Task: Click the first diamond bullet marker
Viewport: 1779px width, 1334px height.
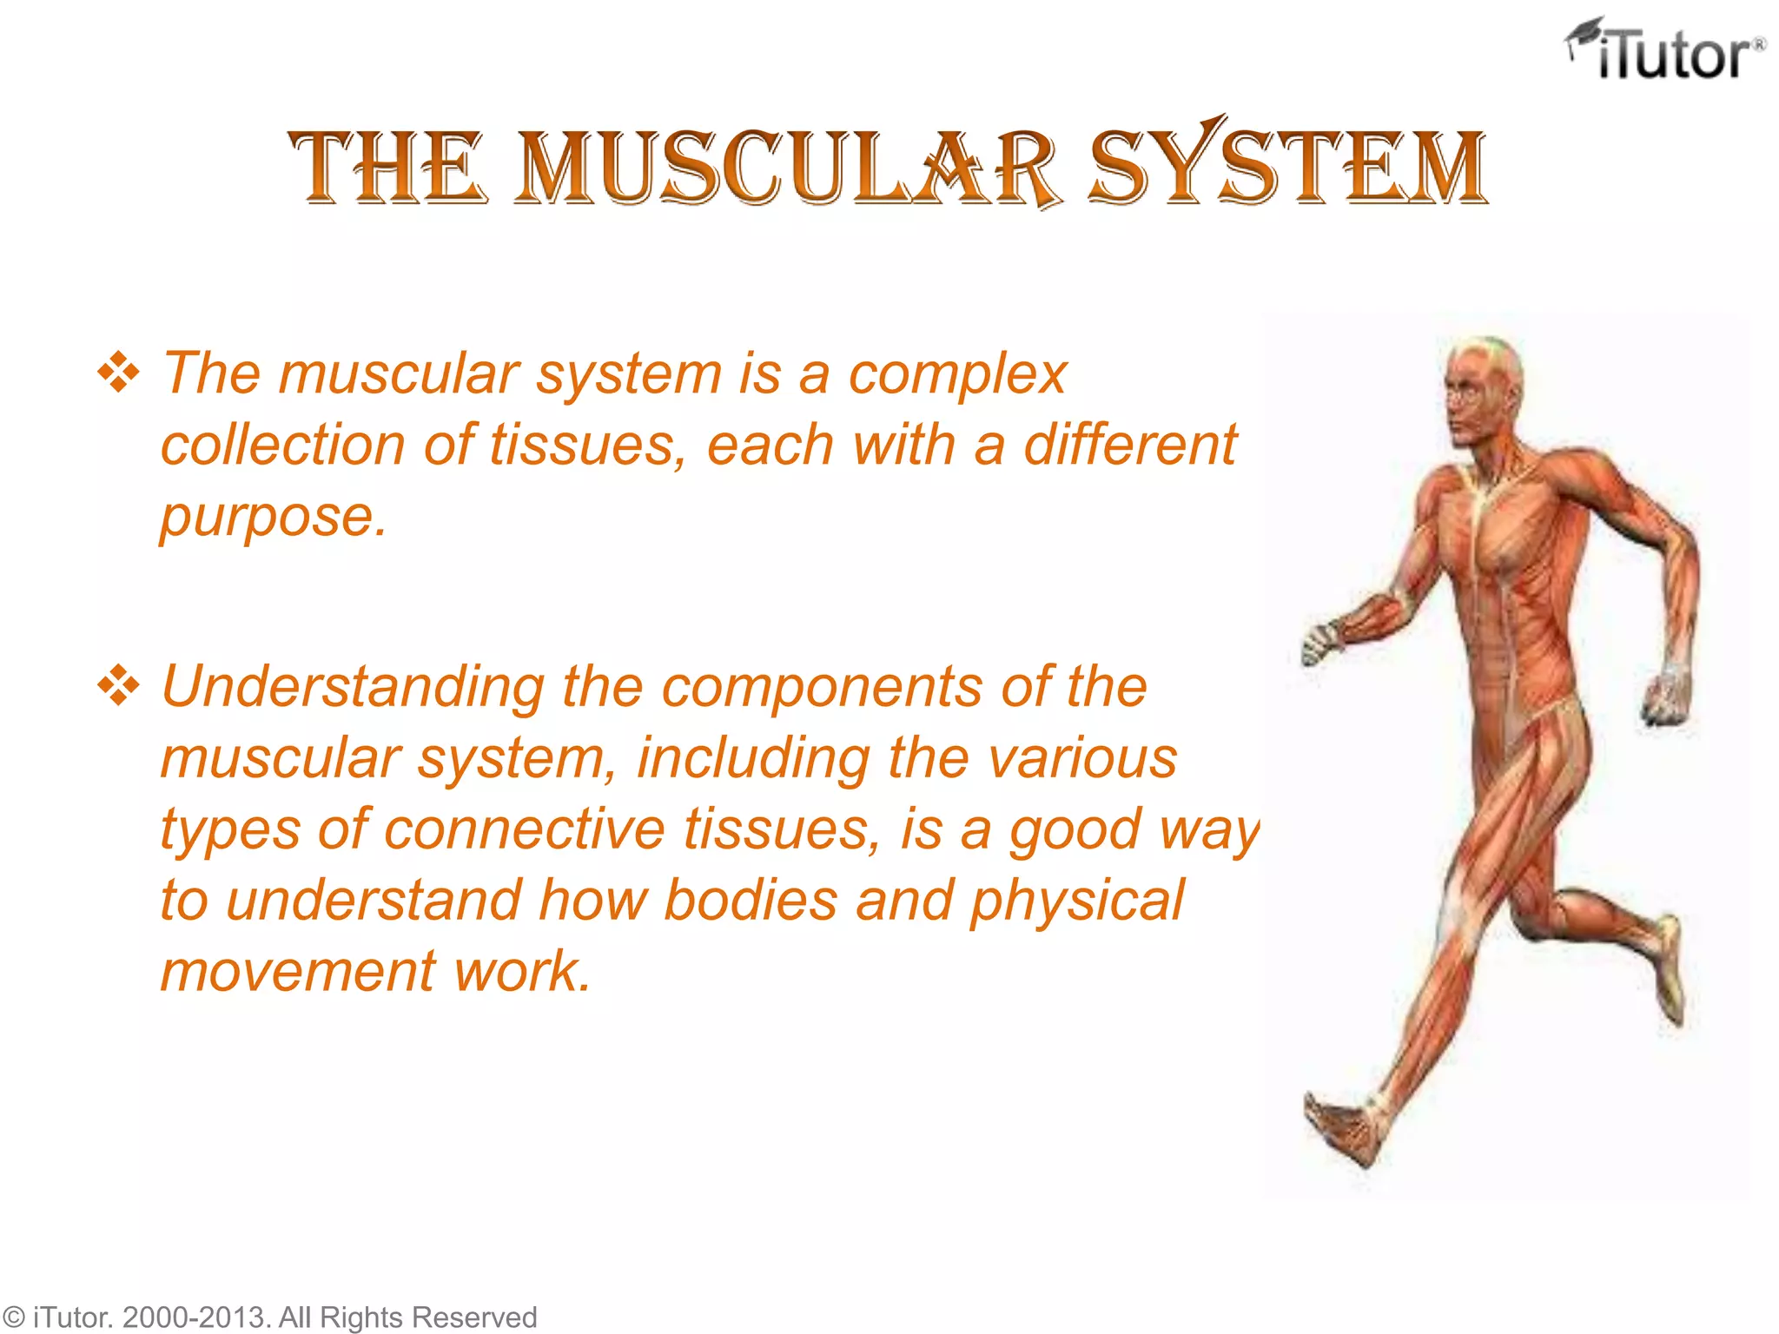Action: (x=118, y=374)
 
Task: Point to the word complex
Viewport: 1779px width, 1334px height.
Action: (x=956, y=375)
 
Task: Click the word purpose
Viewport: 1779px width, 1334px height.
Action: (x=272, y=518)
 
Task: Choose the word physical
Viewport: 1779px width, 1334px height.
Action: (x=1076, y=901)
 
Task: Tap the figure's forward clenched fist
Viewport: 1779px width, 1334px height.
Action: (x=1321, y=643)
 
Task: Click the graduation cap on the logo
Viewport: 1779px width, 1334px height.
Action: (x=1584, y=35)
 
